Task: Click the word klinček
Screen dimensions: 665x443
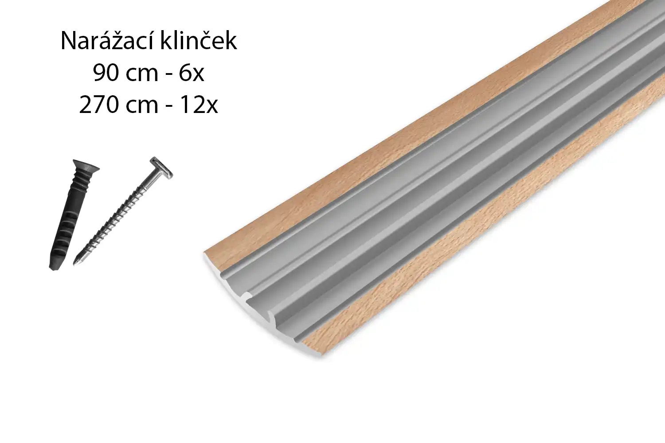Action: (199, 40)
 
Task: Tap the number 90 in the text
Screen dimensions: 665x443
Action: (106, 73)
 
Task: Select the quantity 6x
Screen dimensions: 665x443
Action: (192, 73)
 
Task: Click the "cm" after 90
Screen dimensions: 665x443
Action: (141, 75)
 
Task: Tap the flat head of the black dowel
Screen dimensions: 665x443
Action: (86, 166)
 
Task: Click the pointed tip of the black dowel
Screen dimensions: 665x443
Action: (53, 267)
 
